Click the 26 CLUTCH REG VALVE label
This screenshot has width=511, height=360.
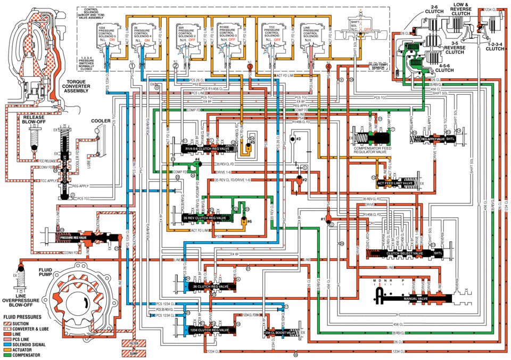click(207, 287)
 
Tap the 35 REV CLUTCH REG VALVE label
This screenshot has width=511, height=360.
click(203, 218)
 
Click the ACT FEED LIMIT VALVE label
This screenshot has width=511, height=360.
click(395, 183)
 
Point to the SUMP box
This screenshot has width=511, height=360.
click(134, 352)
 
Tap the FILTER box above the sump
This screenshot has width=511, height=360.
click(134, 342)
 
